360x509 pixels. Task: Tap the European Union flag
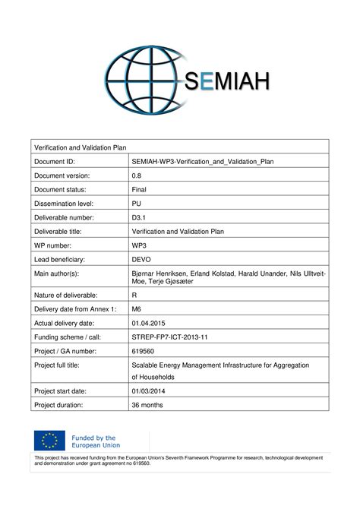click(49, 441)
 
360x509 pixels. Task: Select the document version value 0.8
click(137, 175)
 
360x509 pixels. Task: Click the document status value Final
click(140, 189)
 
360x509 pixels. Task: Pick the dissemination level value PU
click(137, 203)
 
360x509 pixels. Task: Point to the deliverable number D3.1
click(140, 217)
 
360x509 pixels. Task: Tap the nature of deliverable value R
click(135, 293)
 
